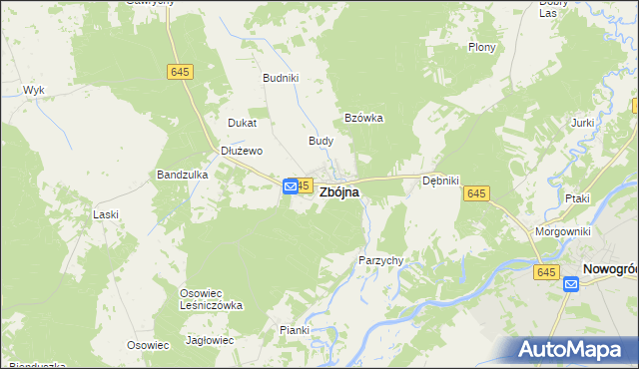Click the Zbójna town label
(339, 193)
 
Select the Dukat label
(243, 123)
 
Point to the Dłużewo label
(241, 151)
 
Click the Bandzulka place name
(182, 175)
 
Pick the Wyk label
(34, 90)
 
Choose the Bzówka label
(364, 117)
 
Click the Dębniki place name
(440, 181)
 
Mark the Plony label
(482, 47)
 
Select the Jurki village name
(583, 123)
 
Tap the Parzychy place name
(380, 260)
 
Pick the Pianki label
(295, 330)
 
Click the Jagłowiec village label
(210, 340)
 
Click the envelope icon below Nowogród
(571, 284)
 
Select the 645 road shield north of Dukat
(181, 72)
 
